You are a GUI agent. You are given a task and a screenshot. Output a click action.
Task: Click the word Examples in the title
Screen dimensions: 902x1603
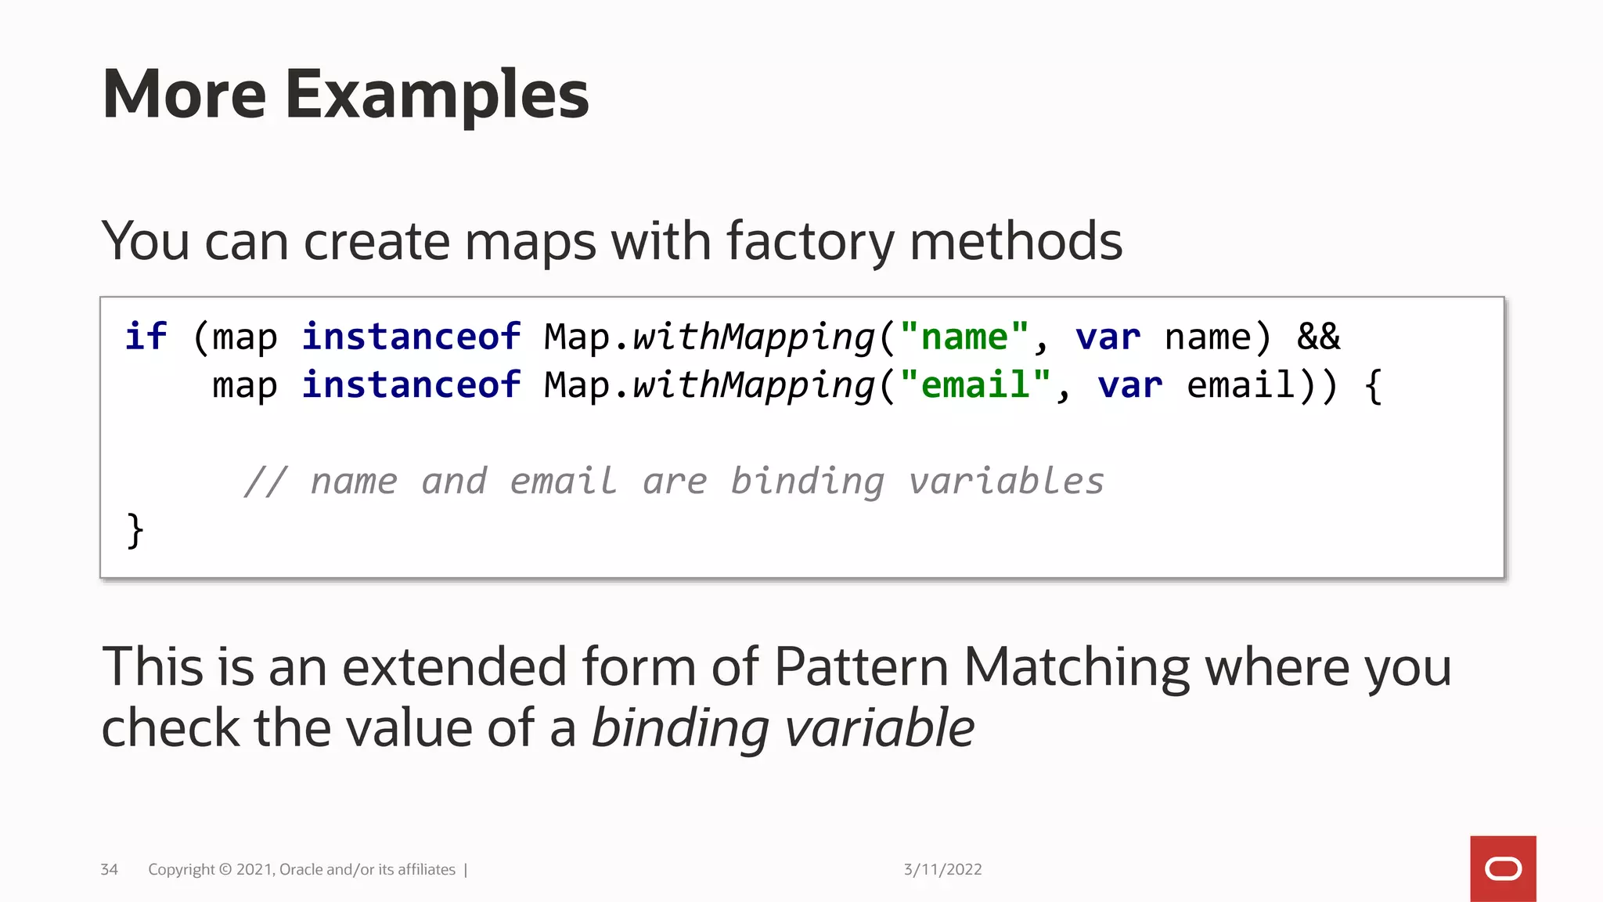coord(436,96)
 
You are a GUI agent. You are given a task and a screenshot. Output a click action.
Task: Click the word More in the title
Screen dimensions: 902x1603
coord(185,96)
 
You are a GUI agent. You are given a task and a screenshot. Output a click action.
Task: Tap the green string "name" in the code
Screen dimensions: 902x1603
coord(964,337)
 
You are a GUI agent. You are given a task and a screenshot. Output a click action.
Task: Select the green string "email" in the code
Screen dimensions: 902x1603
coord(975,386)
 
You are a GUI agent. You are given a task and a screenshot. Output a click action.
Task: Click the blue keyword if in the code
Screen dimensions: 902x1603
coord(146,337)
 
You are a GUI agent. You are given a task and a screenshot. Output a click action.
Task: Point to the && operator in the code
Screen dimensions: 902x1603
coord(1318,337)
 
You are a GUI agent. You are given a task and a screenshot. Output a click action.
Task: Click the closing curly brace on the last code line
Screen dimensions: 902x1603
coord(135,530)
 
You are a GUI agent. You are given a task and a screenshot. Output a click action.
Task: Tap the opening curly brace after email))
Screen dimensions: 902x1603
coord(1373,386)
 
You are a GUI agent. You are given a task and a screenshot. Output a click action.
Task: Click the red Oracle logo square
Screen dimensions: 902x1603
coord(1502,868)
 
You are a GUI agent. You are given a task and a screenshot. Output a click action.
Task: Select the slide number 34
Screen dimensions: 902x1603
coord(109,869)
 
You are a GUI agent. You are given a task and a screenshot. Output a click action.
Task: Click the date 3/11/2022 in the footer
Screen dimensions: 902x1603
coord(942,869)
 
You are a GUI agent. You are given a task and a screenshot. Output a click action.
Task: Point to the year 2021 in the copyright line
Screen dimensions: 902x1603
coord(254,869)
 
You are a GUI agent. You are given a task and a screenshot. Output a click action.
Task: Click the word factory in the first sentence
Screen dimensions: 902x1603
coord(809,241)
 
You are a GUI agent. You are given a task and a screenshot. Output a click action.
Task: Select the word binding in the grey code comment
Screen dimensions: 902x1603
coord(807,482)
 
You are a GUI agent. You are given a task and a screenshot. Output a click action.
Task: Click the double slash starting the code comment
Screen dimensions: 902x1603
coord(265,482)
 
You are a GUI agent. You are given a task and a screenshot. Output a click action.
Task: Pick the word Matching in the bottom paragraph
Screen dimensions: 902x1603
coord(1076,667)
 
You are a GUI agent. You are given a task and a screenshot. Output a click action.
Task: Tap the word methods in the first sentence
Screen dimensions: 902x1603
coord(1015,241)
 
